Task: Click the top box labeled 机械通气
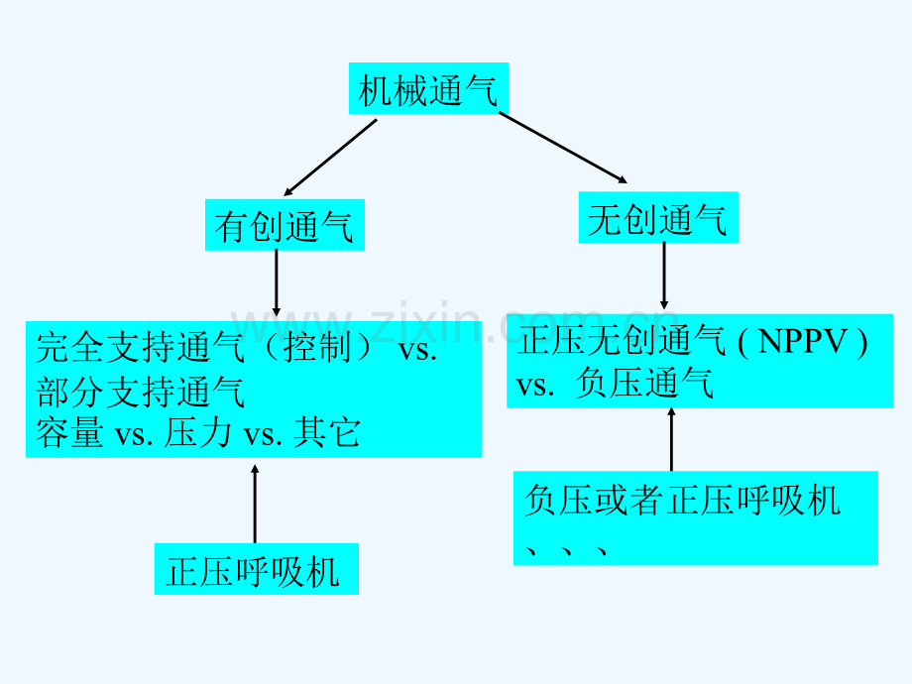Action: (x=427, y=92)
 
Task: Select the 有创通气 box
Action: (x=284, y=227)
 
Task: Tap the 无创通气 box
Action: (x=657, y=219)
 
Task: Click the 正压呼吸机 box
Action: (x=255, y=571)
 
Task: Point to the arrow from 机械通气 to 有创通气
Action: (x=330, y=157)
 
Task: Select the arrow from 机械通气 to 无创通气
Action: (x=562, y=148)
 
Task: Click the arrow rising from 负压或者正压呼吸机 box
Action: (x=672, y=438)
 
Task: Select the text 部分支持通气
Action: (x=140, y=393)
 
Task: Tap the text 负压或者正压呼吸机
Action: (x=682, y=500)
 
